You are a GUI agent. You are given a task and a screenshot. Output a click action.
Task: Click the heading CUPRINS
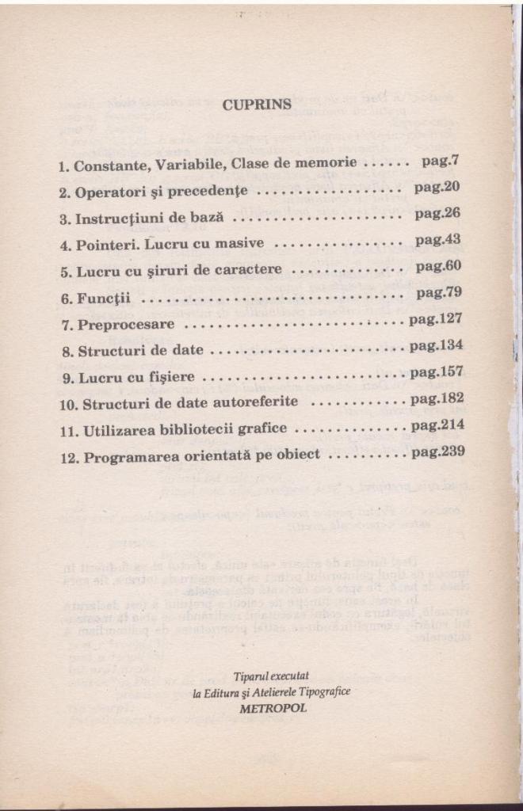(x=257, y=104)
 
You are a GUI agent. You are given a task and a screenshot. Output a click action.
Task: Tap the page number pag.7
(x=441, y=161)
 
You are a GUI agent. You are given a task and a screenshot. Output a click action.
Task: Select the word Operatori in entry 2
(x=108, y=192)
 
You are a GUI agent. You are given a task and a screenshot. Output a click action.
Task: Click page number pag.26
(x=437, y=213)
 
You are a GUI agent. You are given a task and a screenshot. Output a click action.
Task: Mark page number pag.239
(x=437, y=452)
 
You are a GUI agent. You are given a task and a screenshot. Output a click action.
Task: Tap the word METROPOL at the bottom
(x=272, y=709)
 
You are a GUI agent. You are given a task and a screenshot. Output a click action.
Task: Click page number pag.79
(x=438, y=293)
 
